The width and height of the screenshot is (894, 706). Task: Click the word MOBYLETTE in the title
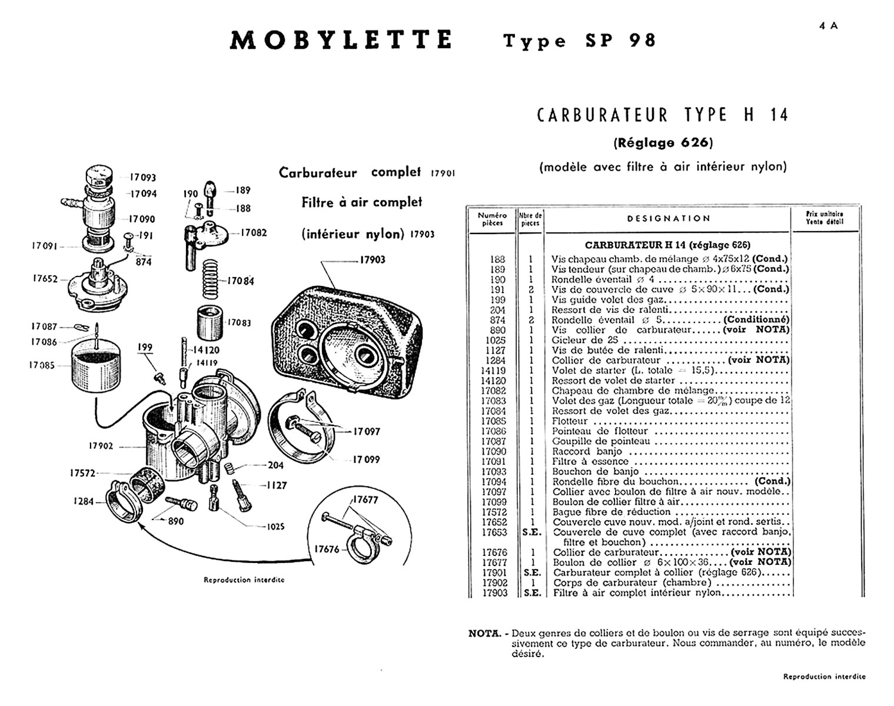coord(341,40)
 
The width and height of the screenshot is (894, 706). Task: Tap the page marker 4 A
coord(828,25)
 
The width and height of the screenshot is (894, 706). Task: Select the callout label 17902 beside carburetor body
coord(101,446)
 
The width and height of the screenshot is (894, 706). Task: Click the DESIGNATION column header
coord(668,218)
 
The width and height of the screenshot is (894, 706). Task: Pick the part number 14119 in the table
coord(494,371)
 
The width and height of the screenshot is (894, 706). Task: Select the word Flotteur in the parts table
coord(570,421)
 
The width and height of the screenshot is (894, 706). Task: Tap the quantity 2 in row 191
coord(530,289)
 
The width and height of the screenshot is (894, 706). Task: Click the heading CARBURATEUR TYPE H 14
coord(662,115)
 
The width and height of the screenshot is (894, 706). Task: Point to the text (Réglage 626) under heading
coord(663,142)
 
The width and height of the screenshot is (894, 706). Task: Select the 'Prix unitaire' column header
coord(824,218)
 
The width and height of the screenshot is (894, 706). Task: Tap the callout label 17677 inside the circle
coord(365,500)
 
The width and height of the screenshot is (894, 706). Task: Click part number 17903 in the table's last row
coord(494,593)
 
